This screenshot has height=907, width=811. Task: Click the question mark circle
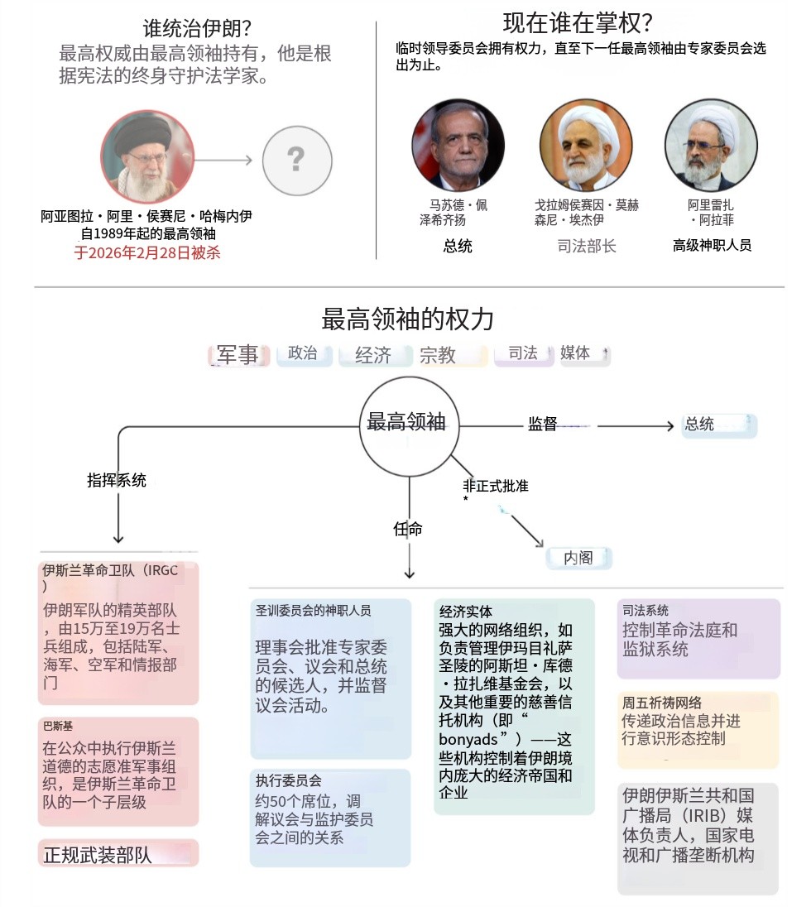[295, 160]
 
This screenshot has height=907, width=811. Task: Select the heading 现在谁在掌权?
[577, 22]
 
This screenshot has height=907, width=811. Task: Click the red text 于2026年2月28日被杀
[147, 252]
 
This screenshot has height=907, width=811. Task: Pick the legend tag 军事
[238, 355]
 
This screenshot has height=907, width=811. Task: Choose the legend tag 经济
[374, 355]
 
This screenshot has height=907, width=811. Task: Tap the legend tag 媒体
[576, 353]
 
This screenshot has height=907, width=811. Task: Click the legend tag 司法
[523, 353]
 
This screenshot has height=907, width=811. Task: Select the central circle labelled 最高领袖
[408, 423]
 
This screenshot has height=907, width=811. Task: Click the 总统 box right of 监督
[717, 425]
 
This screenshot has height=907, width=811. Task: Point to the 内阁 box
[578, 558]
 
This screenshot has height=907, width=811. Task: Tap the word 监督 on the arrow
[543, 425]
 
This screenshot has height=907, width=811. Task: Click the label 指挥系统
[117, 480]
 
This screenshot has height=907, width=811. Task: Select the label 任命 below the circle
[408, 529]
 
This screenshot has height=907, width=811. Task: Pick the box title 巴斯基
[58, 726]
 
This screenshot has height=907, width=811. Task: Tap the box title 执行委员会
[288, 780]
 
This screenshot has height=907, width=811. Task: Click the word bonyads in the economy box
[468, 740]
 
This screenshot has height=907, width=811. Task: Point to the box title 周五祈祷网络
[662, 703]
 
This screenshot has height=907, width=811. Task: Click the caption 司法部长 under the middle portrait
[587, 246]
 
